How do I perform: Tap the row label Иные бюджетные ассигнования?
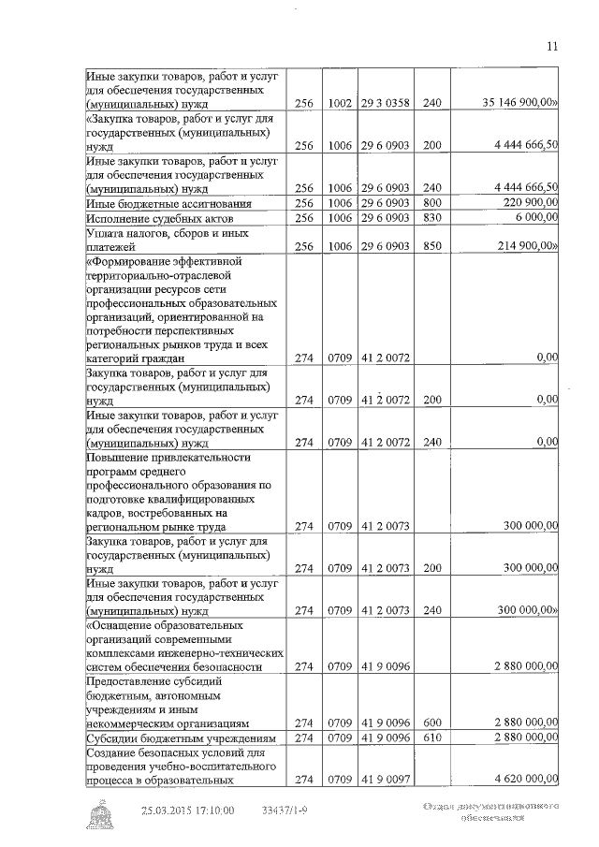pyautogui.click(x=155, y=203)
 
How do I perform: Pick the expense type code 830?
pyautogui.click(x=430, y=217)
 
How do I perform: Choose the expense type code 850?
pyautogui.click(x=430, y=245)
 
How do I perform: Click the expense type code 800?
pyautogui.click(x=430, y=203)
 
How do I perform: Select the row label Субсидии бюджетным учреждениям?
pyautogui.click(x=169, y=738)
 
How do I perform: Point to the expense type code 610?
pyautogui.click(x=430, y=738)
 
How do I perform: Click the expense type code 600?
pyautogui.click(x=430, y=723)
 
